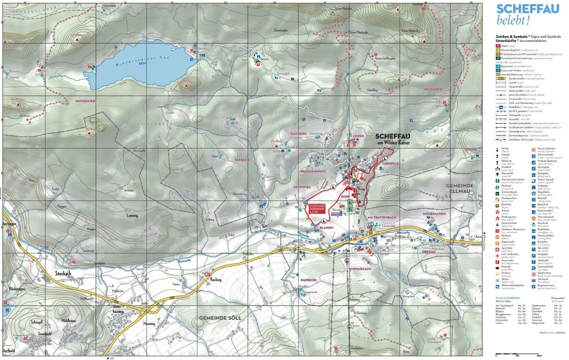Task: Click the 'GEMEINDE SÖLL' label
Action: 220,318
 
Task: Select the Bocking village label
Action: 216,279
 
